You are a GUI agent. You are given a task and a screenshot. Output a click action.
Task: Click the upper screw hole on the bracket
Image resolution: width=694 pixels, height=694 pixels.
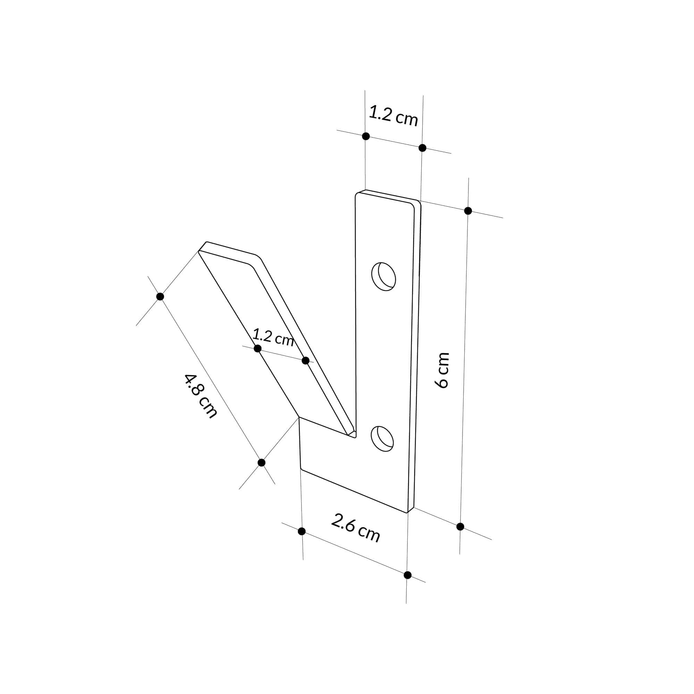384,277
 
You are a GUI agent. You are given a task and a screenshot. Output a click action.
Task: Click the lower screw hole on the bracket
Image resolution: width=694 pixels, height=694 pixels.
382,439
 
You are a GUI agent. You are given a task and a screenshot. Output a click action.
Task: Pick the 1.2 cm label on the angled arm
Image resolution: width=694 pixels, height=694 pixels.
273,337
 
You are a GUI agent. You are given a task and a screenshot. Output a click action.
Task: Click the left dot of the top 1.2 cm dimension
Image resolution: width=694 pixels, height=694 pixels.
366,136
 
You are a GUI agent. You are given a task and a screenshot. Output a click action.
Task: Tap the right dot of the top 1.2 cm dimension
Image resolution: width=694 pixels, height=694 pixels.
422,147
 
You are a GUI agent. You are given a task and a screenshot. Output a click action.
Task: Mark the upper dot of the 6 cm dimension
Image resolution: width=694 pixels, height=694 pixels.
468,211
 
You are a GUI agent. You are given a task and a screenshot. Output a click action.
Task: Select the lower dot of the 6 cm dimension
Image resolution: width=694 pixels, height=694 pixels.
460,527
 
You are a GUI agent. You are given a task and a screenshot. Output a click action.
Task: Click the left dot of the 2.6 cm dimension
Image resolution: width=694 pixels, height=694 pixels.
302,531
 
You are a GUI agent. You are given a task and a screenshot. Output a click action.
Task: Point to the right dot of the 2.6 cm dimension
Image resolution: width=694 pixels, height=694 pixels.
407,575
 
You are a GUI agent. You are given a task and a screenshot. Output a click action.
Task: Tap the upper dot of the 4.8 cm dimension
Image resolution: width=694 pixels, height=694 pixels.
160,296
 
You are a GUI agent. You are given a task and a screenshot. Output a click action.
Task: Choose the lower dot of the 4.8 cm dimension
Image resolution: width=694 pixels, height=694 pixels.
262,463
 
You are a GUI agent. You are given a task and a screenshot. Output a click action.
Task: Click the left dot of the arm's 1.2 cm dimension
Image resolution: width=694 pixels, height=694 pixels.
257,348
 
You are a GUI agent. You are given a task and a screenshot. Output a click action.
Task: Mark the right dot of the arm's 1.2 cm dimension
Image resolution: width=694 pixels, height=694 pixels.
306,360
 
